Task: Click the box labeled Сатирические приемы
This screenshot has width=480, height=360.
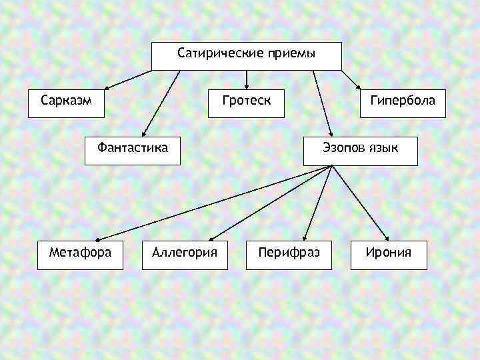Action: coord(246,56)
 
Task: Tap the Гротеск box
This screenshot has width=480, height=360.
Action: coord(246,103)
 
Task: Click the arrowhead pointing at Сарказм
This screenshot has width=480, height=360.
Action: coord(107,87)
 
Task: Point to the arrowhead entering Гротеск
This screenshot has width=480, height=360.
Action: coord(247,86)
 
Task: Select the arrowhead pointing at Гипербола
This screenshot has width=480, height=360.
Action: coord(358,87)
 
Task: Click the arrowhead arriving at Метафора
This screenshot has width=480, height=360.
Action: coord(95,239)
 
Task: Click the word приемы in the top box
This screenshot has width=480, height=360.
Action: coord(291,53)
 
